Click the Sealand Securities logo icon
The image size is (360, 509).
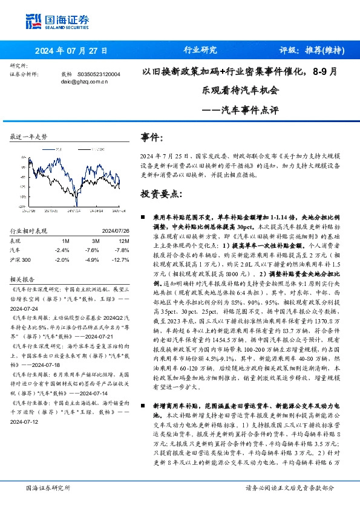pyautogui.click(x=33, y=20)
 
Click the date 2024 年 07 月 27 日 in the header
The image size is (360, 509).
pyautogui.click(x=71, y=50)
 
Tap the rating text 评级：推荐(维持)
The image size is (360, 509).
pyautogui.click(x=309, y=50)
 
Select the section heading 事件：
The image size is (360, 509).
pyautogui.click(x=152, y=137)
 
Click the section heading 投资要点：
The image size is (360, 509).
pyautogui.click(x=161, y=194)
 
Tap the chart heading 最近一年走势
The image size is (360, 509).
pyautogui.click(x=29, y=138)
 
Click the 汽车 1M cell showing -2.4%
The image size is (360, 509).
pyautogui.click(x=62, y=249)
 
